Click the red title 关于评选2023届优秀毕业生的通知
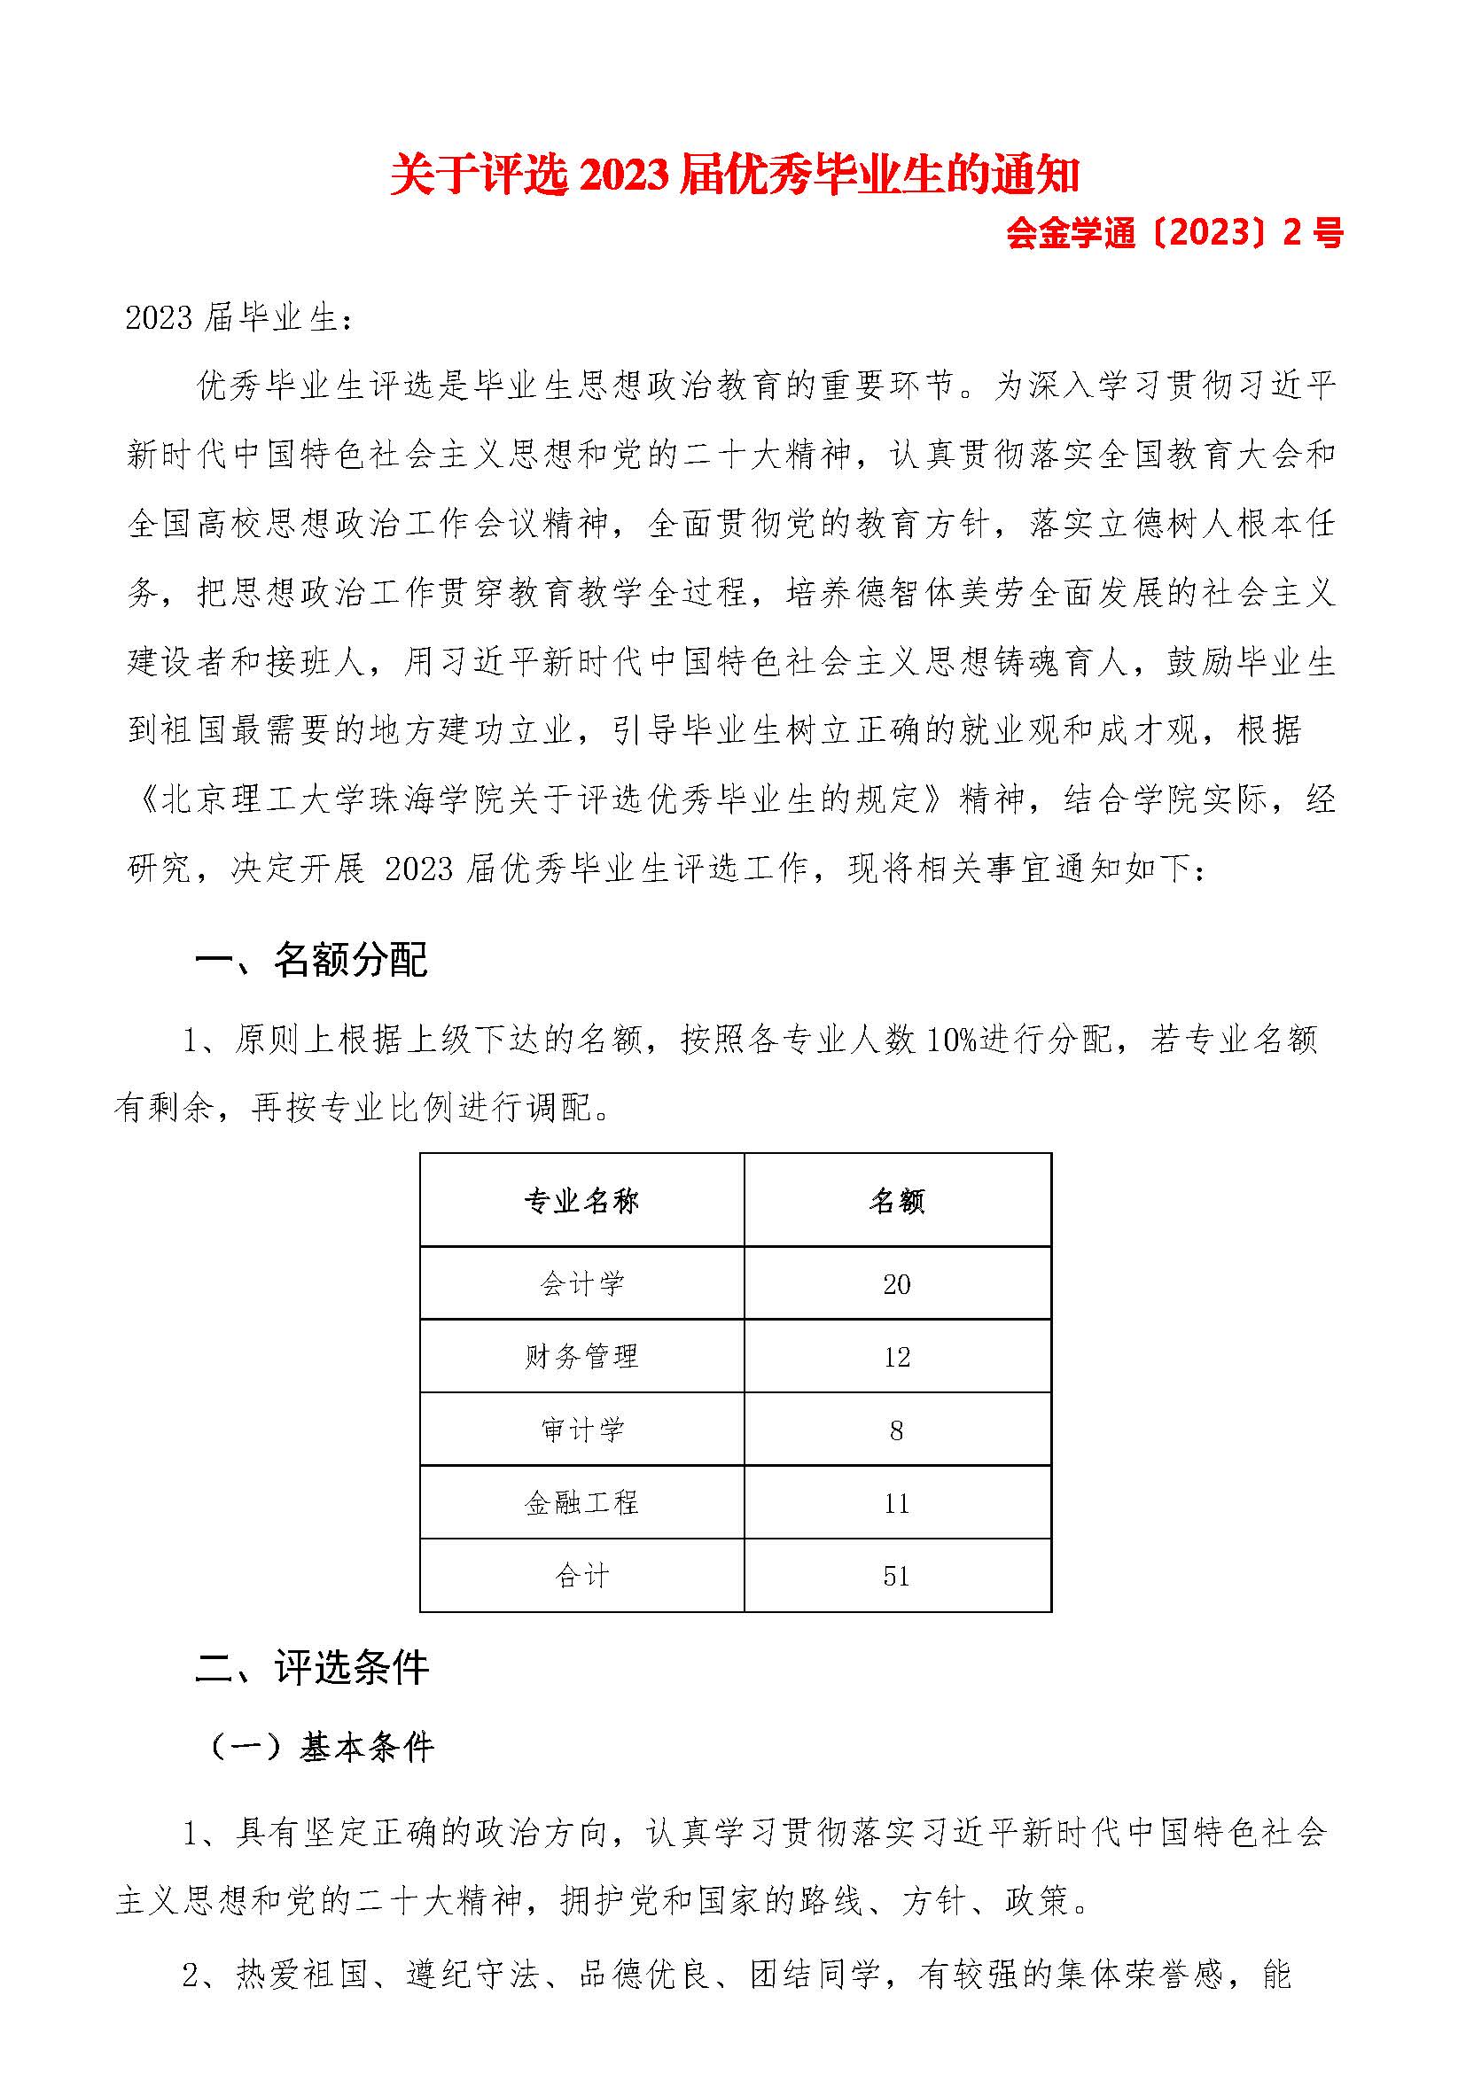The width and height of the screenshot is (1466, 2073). point(734,175)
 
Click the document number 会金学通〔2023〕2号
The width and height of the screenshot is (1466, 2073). point(1174,234)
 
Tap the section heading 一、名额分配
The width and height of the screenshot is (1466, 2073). point(311,961)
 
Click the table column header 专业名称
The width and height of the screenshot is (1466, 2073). point(582,1202)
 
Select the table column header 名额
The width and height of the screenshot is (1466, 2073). point(897,1202)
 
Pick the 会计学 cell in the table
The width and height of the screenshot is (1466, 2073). point(582,1284)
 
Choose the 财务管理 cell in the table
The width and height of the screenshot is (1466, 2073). point(582,1357)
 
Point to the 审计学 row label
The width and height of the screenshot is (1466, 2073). point(582,1430)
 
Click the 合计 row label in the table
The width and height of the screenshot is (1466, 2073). point(582,1577)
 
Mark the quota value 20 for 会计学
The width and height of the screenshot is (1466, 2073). point(897,1284)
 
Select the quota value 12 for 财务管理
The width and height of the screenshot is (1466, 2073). point(897,1357)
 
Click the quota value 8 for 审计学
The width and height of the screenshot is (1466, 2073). point(897,1430)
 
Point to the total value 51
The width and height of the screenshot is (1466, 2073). point(897,1577)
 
